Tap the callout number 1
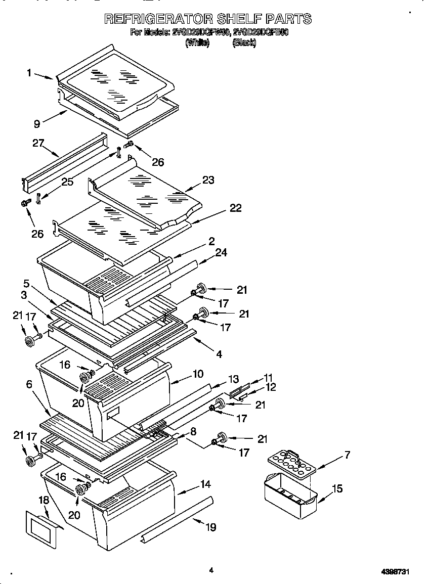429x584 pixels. click(x=29, y=73)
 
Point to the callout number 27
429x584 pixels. click(x=39, y=143)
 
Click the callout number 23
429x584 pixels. click(x=208, y=180)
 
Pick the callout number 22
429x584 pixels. click(x=235, y=208)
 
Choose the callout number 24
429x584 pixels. click(x=221, y=251)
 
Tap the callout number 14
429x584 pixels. click(x=205, y=484)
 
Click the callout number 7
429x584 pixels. click(x=347, y=455)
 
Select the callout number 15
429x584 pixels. click(x=337, y=488)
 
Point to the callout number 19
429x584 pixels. click(x=210, y=527)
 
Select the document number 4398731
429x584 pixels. click(x=395, y=571)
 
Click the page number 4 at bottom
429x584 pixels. click(x=211, y=570)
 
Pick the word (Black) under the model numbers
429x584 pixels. click(x=244, y=43)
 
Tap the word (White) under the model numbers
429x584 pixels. click(x=197, y=43)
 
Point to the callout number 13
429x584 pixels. click(x=233, y=379)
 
